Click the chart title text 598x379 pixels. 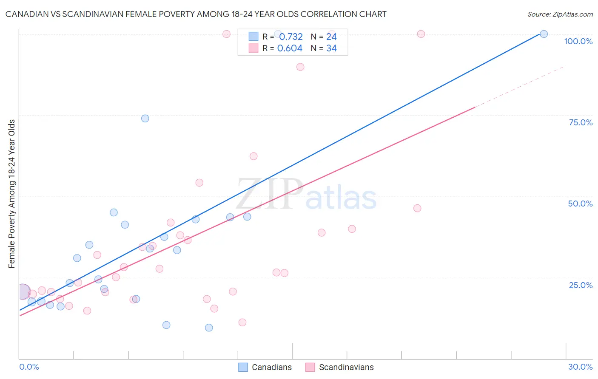[x=196, y=14]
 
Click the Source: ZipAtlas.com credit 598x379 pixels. [x=560, y=14]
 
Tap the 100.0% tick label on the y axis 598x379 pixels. [x=578, y=41]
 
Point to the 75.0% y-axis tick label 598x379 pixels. [x=581, y=122]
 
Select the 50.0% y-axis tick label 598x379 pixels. [x=580, y=204]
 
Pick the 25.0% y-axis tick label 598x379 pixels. [x=581, y=285]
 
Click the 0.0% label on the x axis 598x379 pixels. [x=29, y=367]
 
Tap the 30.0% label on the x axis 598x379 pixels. [x=580, y=367]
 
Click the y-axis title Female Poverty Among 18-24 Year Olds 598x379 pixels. [x=12, y=194]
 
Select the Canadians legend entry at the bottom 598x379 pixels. [x=265, y=367]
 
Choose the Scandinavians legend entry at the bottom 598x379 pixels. [x=340, y=367]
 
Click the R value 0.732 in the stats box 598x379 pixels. [x=291, y=37]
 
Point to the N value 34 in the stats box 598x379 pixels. [x=331, y=48]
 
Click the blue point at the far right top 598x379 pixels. [x=544, y=34]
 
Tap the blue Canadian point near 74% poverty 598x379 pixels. [x=145, y=119]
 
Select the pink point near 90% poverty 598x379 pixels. [x=300, y=67]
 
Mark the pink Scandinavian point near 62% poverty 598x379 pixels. [x=253, y=156]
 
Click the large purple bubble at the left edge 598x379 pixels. [x=23, y=292]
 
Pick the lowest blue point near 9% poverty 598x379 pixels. [x=209, y=328]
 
